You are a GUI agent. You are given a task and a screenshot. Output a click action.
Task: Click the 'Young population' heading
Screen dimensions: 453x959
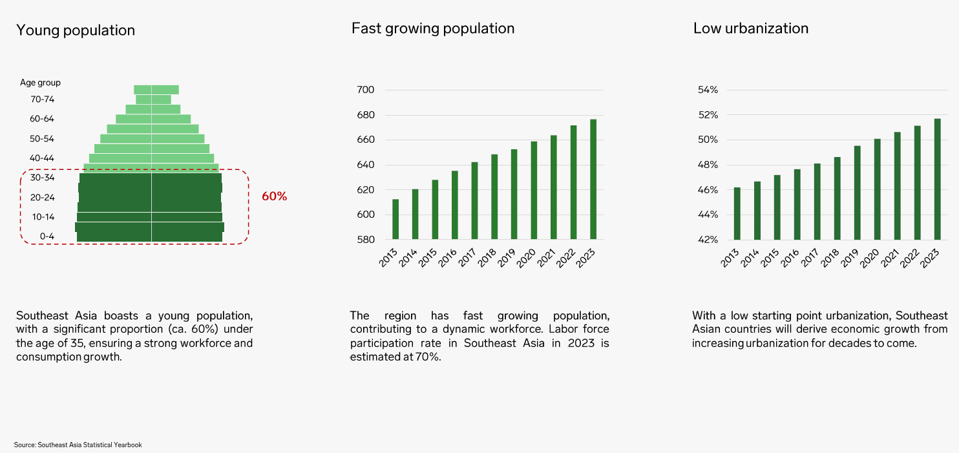76,30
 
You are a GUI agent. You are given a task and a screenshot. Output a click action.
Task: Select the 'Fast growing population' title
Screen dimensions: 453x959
433,28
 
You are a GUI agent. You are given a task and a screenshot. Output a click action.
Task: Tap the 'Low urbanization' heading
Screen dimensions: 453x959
751,28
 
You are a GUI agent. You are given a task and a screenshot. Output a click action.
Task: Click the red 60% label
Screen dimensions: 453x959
274,196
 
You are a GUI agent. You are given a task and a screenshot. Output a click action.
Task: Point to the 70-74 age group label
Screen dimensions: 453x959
42,100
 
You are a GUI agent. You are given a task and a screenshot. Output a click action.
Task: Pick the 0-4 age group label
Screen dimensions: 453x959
47,237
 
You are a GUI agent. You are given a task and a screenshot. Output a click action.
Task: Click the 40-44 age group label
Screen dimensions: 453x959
42,158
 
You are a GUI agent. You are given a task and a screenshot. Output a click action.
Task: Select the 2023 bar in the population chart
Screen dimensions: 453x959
593,179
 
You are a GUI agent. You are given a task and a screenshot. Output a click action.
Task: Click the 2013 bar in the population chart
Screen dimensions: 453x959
395,219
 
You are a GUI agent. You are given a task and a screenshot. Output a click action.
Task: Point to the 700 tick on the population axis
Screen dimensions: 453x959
366,90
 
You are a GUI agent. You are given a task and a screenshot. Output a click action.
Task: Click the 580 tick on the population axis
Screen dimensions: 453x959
366,240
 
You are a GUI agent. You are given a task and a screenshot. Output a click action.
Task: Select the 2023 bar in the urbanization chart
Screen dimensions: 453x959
937,179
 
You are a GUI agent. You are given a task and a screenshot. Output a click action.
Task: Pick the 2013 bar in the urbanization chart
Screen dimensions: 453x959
737,213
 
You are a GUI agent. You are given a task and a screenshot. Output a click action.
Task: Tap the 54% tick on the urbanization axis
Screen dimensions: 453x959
708,90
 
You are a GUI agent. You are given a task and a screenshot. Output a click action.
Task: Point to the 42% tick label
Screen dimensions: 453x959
708,240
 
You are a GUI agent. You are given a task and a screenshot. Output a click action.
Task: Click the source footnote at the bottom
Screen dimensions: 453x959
78,445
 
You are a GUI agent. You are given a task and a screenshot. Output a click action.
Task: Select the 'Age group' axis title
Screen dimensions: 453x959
40,83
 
